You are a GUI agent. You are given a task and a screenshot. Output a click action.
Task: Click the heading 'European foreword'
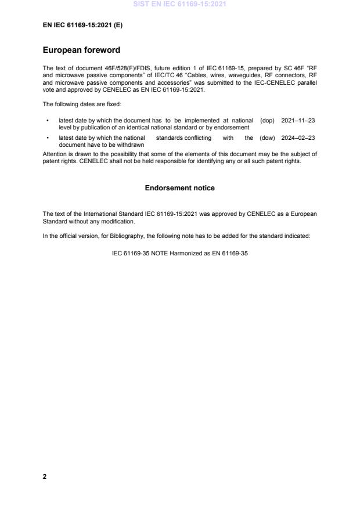coord(81,50)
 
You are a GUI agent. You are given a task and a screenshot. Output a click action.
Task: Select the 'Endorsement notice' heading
coord(180,188)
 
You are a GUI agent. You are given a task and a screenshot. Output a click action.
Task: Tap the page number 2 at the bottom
coord(45,476)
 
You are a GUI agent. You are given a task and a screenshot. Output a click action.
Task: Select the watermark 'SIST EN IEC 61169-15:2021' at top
coord(180,4)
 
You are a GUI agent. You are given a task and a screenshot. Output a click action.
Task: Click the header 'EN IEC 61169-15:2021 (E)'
coord(82,26)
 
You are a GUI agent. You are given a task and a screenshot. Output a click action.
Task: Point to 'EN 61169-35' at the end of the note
coord(232,253)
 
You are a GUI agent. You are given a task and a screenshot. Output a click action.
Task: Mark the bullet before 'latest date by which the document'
coord(46,120)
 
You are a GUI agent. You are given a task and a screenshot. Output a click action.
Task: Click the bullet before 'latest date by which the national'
coord(46,138)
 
